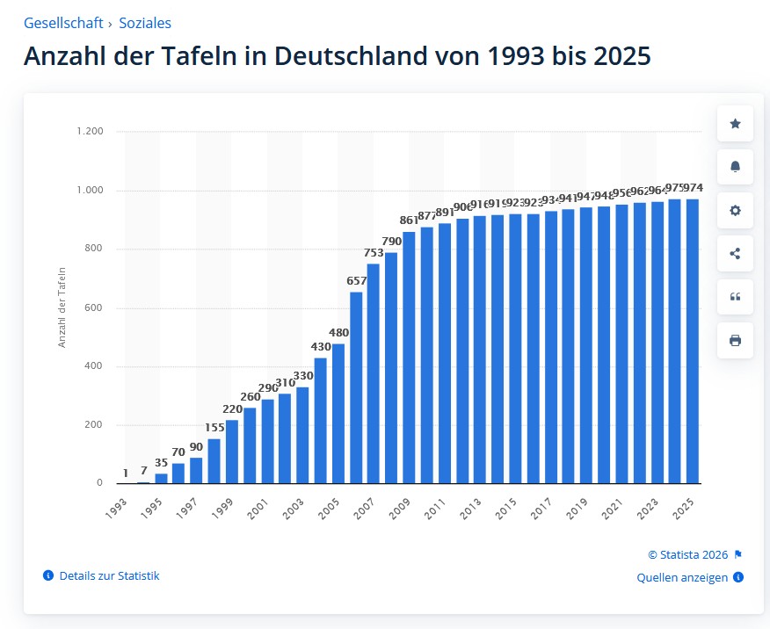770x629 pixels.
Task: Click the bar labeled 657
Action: [x=356, y=387]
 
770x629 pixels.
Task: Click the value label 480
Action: [x=338, y=333]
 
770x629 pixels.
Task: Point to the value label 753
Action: [x=373, y=253]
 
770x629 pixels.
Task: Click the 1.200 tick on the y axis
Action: [x=91, y=132]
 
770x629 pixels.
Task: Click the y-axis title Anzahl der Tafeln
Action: [x=62, y=307]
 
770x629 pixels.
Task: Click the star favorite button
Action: [x=735, y=124]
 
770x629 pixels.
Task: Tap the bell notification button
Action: [x=735, y=167]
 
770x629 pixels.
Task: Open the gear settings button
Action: [x=735, y=210]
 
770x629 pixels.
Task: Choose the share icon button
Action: [x=735, y=253]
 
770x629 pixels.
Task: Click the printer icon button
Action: [x=735, y=340]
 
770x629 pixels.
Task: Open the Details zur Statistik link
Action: [x=109, y=576]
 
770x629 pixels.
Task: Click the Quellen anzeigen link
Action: [x=682, y=577]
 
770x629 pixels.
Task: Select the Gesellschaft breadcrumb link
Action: [x=63, y=24]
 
